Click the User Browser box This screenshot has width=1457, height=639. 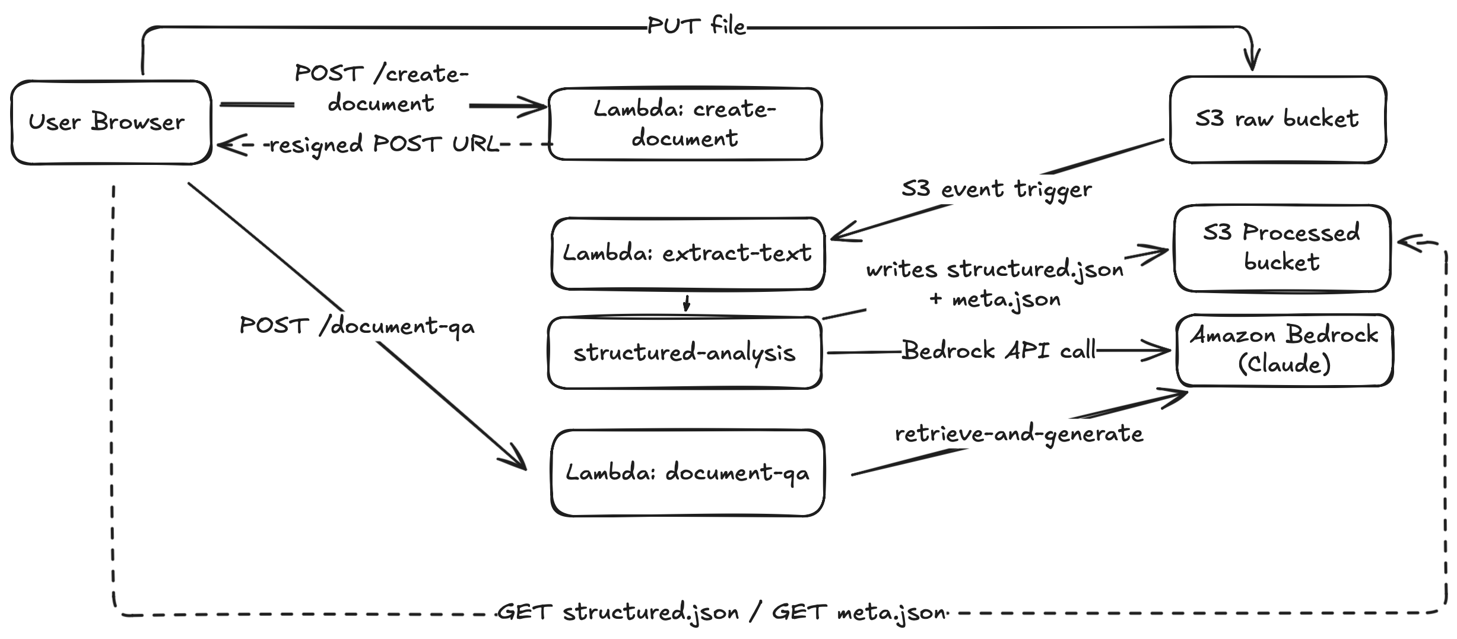tap(111, 122)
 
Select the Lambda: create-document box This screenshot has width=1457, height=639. tap(685, 124)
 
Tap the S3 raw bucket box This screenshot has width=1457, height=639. tap(1277, 119)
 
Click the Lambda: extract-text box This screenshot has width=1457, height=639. tap(687, 253)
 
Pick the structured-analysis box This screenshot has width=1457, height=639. tap(684, 352)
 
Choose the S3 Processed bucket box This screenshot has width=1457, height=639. tap(1281, 248)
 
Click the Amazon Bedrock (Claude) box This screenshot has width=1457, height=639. tap(1284, 350)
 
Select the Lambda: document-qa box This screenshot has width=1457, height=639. tap(687, 473)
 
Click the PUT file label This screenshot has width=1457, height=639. tap(696, 27)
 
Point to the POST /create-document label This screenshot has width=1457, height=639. tap(382, 88)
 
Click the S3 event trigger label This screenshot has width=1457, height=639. tap(996, 189)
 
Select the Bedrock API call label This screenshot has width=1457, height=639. tap(999, 351)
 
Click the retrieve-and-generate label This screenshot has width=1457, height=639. tap(1018, 434)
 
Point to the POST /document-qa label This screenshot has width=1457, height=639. tap(357, 326)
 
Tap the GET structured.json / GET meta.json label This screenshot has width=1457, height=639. tap(721, 612)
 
